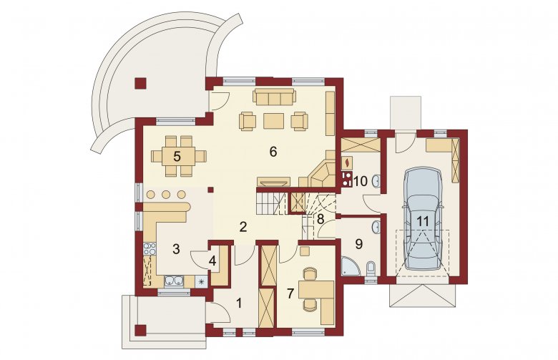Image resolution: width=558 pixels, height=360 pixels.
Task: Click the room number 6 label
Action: click(x=273, y=152)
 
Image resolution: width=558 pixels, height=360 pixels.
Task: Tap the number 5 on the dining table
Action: click(x=177, y=156)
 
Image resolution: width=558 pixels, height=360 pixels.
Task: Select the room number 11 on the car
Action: click(x=423, y=221)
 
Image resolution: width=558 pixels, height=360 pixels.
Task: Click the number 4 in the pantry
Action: click(x=212, y=261)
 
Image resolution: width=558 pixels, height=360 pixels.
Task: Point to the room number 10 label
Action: click(x=361, y=181)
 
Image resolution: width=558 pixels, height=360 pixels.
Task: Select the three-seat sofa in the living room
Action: click(x=275, y=97)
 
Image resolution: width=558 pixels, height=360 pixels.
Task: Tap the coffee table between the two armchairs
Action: click(x=274, y=121)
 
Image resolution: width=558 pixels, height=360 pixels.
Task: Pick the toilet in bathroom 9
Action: click(x=371, y=268)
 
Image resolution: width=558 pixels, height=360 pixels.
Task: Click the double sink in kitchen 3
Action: click(x=174, y=281)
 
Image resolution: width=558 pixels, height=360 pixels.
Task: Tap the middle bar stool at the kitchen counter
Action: click(x=166, y=195)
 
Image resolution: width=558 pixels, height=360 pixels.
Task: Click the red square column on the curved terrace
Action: click(x=140, y=83)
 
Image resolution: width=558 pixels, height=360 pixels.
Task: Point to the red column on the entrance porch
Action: click(x=140, y=330)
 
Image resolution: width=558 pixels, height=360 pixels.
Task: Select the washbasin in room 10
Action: click(x=376, y=181)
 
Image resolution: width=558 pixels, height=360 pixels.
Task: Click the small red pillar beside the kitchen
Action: click(x=210, y=190)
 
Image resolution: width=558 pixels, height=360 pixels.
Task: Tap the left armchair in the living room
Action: click(x=248, y=121)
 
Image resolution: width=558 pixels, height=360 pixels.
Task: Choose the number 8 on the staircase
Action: click(x=320, y=219)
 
